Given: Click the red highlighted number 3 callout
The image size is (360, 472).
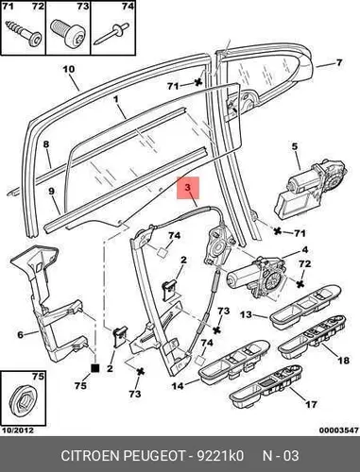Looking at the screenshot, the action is tap(188, 188).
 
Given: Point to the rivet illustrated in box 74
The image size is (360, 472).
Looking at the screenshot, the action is tap(111, 34).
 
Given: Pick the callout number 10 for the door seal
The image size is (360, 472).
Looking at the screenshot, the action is tap(69, 69).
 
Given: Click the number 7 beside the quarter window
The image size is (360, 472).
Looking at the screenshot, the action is tap(338, 62).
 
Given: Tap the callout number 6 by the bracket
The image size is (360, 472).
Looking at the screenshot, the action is tap(21, 334).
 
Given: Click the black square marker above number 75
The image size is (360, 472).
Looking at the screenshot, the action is tap(94, 368).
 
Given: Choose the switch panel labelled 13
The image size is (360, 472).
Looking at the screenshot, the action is tap(305, 307).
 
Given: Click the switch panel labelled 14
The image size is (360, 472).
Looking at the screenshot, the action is tap(234, 360).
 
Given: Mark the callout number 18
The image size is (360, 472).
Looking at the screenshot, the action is tap(343, 360).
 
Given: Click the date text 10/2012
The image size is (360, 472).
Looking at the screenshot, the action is tap(18, 430).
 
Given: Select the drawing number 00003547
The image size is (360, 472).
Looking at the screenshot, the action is tap(338, 430).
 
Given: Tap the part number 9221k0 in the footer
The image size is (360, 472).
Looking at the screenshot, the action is tap(220, 455).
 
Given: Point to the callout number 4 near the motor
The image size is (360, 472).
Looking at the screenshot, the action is tap(304, 250).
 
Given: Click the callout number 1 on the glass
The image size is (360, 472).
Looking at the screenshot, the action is tap(115, 99).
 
